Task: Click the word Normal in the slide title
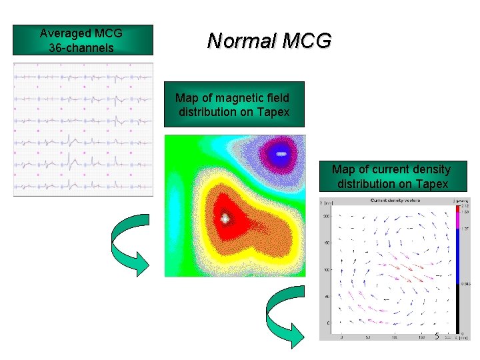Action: coord(241,41)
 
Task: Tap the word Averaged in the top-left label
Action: coord(63,33)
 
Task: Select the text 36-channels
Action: coord(81,48)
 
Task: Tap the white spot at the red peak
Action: coord(226,217)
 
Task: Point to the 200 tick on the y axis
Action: coord(327,217)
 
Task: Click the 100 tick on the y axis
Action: coord(327,270)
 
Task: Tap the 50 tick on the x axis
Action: coord(368,337)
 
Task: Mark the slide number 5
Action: coord(437,336)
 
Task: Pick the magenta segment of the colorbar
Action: coord(457,220)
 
